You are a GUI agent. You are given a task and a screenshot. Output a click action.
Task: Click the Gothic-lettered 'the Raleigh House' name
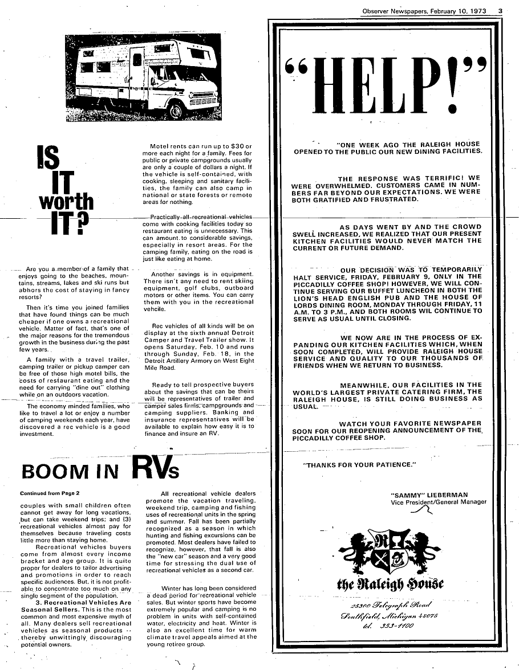click(x=391, y=585)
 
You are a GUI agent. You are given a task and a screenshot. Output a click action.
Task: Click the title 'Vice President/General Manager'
click(x=439, y=502)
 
